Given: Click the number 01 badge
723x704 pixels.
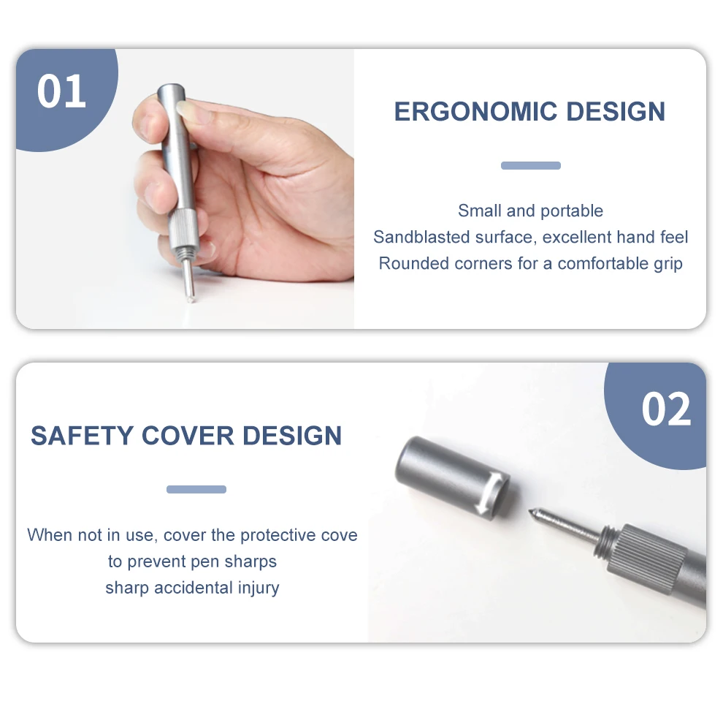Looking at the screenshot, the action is click(62, 91).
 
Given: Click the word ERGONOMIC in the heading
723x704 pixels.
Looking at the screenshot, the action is click(476, 112).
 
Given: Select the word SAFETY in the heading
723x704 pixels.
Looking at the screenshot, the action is click(82, 436).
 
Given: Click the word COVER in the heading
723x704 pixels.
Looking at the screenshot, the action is click(187, 436).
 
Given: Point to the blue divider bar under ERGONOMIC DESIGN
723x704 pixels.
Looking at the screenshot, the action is click(531, 165).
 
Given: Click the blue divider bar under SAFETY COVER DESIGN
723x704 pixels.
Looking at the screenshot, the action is click(196, 489).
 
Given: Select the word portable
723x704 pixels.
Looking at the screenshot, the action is click(572, 211).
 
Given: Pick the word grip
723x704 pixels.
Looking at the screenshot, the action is click(667, 265).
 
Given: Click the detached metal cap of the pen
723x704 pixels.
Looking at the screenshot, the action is click(452, 478).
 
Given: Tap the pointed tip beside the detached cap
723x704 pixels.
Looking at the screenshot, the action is click(531, 512).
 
